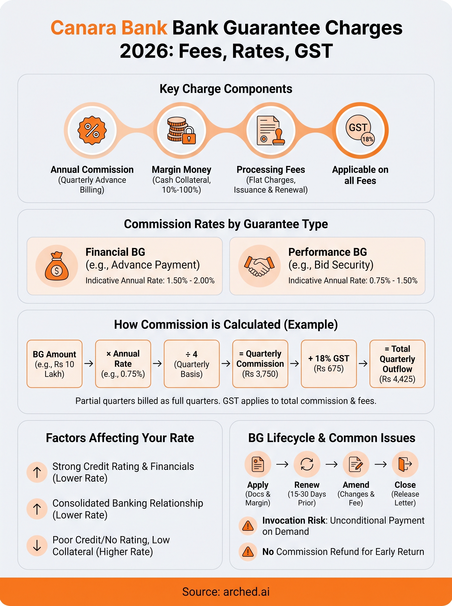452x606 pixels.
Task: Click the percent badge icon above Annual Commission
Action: pyautogui.click(x=92, y=130)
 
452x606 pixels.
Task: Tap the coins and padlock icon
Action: pyautogui.click(x=181, y=130)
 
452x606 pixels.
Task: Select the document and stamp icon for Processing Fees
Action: pyautogui.click(x=271, y=130)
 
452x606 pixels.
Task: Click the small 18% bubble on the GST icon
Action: pyautogui.click(x=368, y=139)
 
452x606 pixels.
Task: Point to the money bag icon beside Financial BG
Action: pyautogui.click(x=57, y=266)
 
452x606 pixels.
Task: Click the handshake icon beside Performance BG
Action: pyautogui.click(x=259, y=266)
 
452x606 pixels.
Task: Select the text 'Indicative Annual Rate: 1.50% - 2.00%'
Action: pyautogui.click(x=150, y=281)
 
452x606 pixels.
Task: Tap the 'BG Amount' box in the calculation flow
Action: pyautogui.click(x=54, y=364)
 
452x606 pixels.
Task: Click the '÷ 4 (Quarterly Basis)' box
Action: pyautogui.click(x=191, y=364)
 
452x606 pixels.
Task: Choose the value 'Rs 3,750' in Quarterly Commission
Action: pyautogui.click(x=260, y=374)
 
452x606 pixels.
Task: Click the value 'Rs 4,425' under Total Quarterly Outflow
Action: pyautogui.click(x=397, y=379)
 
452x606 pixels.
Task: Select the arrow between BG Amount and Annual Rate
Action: pyautogui.click(x=89, y=364)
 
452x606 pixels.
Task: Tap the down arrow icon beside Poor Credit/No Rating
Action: pyautogui.click(x=37, y=545)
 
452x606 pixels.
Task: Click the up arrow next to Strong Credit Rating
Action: pyautogui.click(x=37, y=472)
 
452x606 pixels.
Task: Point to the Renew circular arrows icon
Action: pyautogui.click(x=307, y=464)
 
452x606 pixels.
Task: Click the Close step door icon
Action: pyautogui.click(x=405, y=464)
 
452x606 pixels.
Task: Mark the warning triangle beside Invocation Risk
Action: pyautogui.click(x=248, y=526)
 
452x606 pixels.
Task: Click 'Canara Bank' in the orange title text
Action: pyautogui.click(x=109, y=28)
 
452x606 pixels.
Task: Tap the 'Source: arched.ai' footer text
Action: pyautogui.click(x=226, y=592)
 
